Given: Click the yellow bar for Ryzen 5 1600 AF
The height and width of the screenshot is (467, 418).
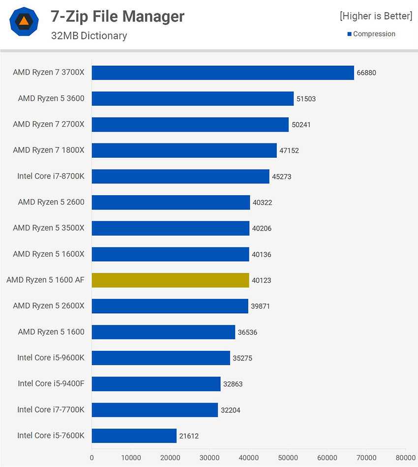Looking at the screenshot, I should click(x=170, y=280).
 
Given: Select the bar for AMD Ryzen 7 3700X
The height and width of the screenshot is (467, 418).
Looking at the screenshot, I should click(x=223, y=73).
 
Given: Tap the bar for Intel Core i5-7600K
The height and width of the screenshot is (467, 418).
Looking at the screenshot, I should click(x=134, y=436).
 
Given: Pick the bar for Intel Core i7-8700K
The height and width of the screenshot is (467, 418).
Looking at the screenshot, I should click(x=180, y=176).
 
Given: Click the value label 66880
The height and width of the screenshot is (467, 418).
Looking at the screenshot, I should click(x=366, y=73).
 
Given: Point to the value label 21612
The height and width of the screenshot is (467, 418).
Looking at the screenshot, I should click(x=189, y=436).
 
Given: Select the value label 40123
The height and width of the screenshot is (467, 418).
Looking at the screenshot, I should click(x=261, y=281).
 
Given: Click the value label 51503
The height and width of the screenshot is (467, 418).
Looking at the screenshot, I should click(x=306, y=99).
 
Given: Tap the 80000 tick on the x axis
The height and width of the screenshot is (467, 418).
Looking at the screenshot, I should click(x=405, y=457).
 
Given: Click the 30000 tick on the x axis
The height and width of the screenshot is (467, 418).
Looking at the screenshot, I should click(x=209, y=457).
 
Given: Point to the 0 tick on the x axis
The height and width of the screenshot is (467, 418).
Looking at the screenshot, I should click(x=92, y=457).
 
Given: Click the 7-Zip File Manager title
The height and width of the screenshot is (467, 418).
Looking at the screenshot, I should click(x=118, y=17).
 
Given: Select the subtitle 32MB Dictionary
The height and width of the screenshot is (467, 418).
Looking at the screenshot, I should click(x=89, y=35).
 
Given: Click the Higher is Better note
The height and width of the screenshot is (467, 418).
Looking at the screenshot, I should click(x=376, y=16).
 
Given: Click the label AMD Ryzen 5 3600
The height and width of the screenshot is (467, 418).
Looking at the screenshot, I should click(x=51, y=98).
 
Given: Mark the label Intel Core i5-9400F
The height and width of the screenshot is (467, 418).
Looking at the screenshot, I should click(x=51, y=383).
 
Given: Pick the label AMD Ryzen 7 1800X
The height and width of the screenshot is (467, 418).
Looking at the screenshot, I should click(x=49, y=150).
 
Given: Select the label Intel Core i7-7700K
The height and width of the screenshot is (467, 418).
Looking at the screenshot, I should click(x=51, y=409).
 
